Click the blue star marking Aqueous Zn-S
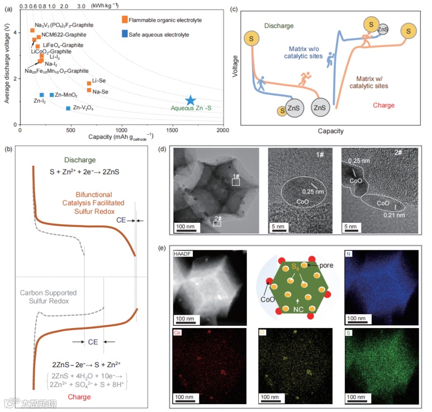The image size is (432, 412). point(191,100)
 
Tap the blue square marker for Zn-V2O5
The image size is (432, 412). point(69,108)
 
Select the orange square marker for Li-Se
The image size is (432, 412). point(89,83)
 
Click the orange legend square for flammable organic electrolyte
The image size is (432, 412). point(125,20)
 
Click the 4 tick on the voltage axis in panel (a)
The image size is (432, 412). point(15,31)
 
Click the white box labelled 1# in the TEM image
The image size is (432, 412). point(236,182)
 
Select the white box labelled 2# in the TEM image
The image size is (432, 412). point(217,223)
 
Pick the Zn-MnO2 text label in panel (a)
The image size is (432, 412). point(66,95)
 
